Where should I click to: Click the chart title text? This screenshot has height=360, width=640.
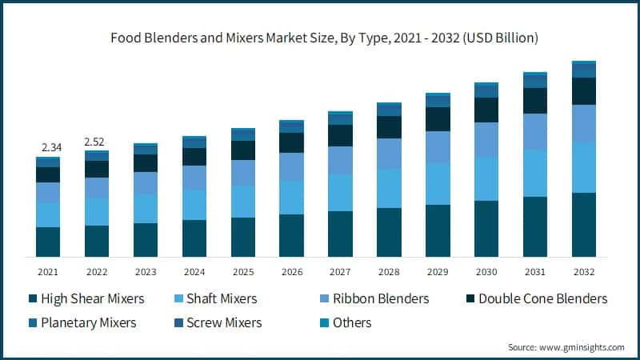pyautogui.click(x=319, y=38)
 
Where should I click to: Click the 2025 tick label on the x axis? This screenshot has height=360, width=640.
pyautogui.click(x=243, y=272)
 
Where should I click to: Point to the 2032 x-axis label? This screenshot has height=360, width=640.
pyautogui.click(x=584, y=272)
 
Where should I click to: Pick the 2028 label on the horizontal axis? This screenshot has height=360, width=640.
pyautogui.click(x=389, y=272)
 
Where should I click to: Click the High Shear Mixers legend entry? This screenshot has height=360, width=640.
pyautogui.click(x=86, y=298)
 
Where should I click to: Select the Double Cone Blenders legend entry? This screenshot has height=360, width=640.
pyautogui.click(x=534, y=298)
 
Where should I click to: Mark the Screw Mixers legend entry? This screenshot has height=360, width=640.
pyautogui.click(x=214, y=322)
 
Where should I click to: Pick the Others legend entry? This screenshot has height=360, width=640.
pyautogui.click(x=343, y=322)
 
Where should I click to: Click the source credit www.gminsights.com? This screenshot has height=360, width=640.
pyautogui.click(x=566, y=347)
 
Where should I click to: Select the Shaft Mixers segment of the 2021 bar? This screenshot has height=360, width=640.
pyautogui.click(x=48, y=214)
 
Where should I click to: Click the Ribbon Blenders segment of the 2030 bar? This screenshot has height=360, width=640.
pyautogui.click(x=486, y=139)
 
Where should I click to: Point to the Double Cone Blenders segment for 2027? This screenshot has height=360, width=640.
pyautogui.click(x=340, y=135)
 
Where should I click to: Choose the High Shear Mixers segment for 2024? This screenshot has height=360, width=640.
pyautogui.click(x=194, y=238)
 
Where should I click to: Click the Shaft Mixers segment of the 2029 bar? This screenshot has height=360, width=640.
pyautogui.click(x=438, y=184)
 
